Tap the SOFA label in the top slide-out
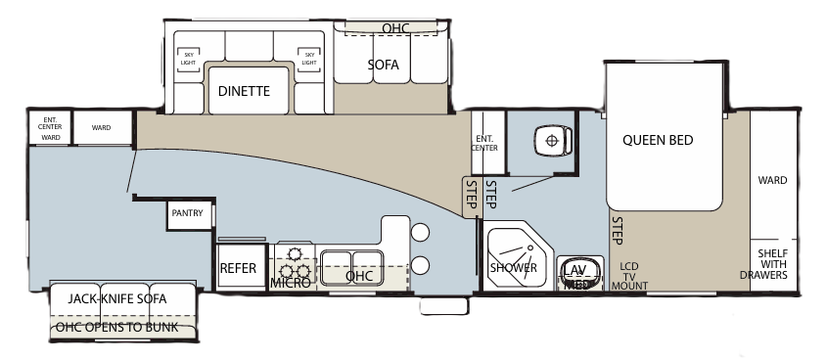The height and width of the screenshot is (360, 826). pos(385,66)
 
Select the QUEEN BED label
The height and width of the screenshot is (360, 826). pos(658,140)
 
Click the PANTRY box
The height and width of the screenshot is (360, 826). pos(187,212)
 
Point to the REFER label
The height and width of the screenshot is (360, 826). pos(238,268)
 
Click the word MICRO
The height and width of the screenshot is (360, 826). pos(291,282)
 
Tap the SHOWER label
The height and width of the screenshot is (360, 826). pos(513,267)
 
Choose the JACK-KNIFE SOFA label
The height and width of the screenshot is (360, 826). pos(117,297)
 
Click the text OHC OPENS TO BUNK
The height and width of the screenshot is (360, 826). pos(116,327)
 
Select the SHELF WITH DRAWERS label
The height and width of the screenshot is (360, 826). pos(772,264)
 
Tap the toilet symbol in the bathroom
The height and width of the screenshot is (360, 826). pos(552,141)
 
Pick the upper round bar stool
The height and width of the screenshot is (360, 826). pos(421,233)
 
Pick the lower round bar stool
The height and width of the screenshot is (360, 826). pos(421,265)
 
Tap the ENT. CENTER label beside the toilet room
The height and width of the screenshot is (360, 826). pos(485,144)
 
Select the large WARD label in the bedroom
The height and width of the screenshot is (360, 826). pos(772,180)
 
